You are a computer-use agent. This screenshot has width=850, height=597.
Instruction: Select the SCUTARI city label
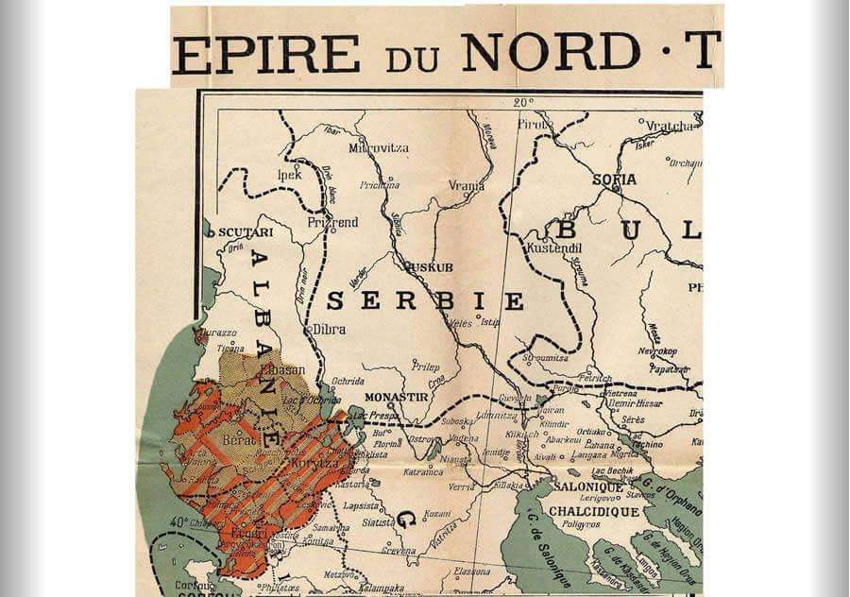(246, 231)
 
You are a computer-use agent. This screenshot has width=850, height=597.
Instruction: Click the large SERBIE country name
(424, 301)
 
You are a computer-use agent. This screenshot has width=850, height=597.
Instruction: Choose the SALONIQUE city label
(589, 485)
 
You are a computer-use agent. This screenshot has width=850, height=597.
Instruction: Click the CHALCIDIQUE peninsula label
(596, 511)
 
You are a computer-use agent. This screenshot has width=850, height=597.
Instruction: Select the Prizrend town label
(332, 223)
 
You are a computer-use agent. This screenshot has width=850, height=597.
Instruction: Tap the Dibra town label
(329, 330)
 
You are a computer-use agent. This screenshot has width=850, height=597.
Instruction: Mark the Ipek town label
(289, 175)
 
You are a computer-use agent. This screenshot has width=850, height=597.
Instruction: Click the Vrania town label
(467, 186)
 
